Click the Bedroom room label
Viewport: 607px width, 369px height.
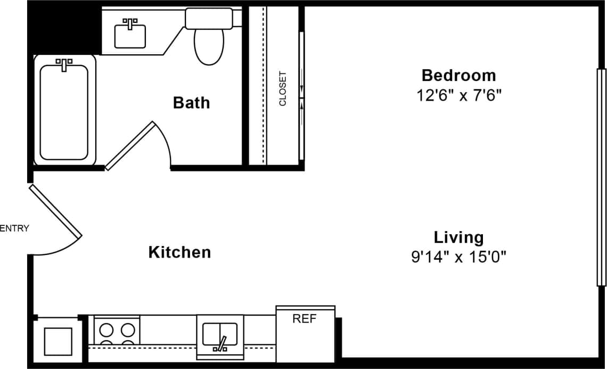coord(458,75)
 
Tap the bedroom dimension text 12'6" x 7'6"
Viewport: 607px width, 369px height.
coord(458,95)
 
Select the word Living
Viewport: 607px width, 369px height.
coord(458,237)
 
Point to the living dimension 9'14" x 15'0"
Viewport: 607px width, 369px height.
coord(458,258)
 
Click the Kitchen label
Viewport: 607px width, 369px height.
coord(179,252)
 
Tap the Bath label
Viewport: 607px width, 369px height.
coord(191,102)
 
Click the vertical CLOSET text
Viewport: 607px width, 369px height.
coord(283,88)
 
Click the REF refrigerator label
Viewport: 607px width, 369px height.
coord(305,319)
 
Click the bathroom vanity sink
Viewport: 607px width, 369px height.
coord(130,35)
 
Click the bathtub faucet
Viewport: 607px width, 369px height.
coord(64,64)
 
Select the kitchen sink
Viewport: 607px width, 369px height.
coord(220,334)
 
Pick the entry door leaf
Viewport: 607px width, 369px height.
coord(55,211)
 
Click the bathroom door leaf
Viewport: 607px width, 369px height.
coord(130,146)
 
